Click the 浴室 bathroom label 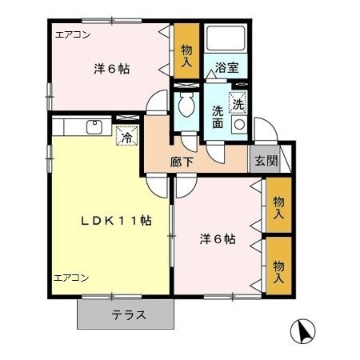click(227, 70)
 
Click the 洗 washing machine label click(237, 102)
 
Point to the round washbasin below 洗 click(238, 125)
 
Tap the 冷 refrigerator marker click(126, 137)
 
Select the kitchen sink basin click(94, 126)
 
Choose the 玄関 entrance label click(266, 160)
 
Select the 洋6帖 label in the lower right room click(217, 238)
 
